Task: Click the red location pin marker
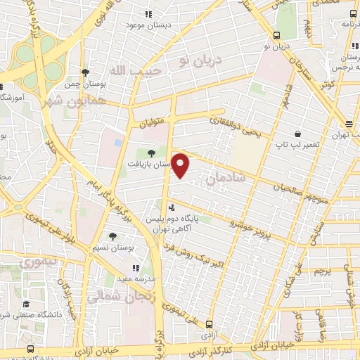coord(181,165)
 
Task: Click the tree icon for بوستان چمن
coord(85,72)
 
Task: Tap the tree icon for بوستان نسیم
coord(112,236)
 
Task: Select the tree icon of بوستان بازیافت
coord(152,153)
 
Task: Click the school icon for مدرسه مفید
coord(136,268)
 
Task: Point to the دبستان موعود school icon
coord(148,14)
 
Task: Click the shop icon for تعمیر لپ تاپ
coord(298,134)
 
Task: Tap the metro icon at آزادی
coord(209,324)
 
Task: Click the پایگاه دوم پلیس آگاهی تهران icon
coord(172,207)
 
